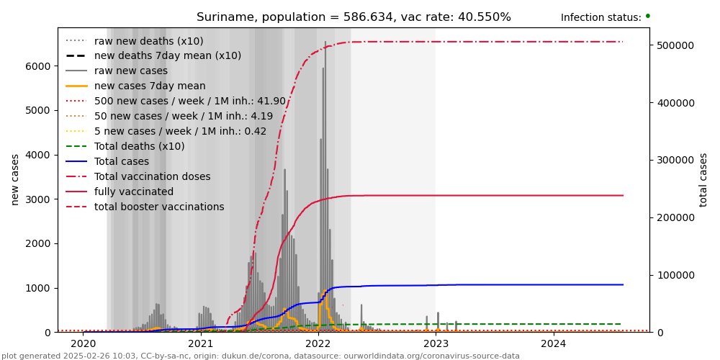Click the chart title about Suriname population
coord(354,17)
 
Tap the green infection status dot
coord(647,16)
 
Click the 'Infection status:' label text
coord(600,18)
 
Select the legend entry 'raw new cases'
coord(130,71)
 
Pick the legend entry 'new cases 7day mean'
coord(150,86)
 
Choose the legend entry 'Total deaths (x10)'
coord(139,146)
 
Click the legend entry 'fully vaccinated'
coord(133,192)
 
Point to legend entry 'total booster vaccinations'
coord(159,207)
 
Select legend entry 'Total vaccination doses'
coord(152,177)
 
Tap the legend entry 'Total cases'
coord(121,162)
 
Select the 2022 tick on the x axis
coord(318,344)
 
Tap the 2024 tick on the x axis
coord(553,344)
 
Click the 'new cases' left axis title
coord(15,179)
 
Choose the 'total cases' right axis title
coord(703,179)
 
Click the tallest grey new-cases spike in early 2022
coord(325,43)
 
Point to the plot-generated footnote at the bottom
coord(261,356)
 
